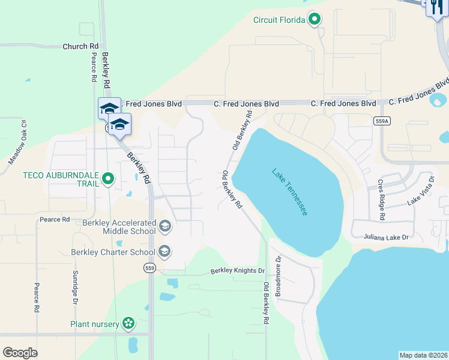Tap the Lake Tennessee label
[x=290, y=192]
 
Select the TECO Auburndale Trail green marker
[x=108, y=178]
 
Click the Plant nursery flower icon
[x=128, y=324]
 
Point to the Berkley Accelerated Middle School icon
[x=165, y=226]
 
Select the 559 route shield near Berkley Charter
[x=150, y=268]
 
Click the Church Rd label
[x=80, y=46]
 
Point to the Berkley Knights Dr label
[x=237, y=271]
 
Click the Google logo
[x=20, y=352]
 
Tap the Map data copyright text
[x=423, y=355]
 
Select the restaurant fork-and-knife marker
[x=435, y=7]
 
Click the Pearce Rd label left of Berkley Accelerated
[x=55, y=220]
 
